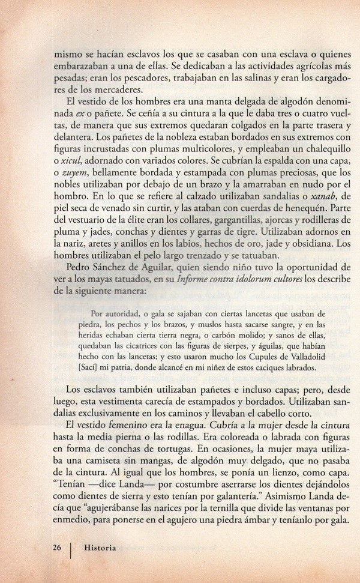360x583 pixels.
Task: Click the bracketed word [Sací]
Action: pyautogui.click(x=101, y=367)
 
